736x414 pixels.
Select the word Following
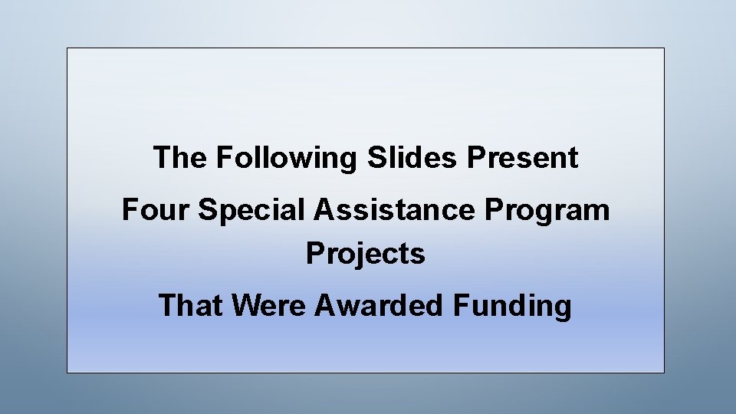click(x=287, y=159)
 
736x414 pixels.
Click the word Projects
click(x=366, y=254)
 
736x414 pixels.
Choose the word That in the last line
click(x=191, y=305)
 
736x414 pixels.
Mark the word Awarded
click(x=380, y=305)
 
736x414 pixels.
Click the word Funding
click(x=513, y=306)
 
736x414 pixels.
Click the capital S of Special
click(x=206, y=209)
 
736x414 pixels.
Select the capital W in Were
click(x=244, y=305)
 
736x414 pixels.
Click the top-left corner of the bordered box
click(x=67, y=48)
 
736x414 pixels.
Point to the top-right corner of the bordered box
click(x=664, y=48)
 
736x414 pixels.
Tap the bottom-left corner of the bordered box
click(x=67, y=373)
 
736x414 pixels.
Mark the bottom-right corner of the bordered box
click(x=664, y=373)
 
